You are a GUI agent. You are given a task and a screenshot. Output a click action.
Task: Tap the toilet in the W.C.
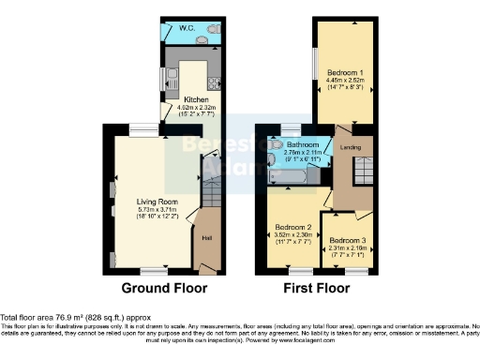[213, 31]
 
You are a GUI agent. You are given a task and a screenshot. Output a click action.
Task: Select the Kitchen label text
[196, 99]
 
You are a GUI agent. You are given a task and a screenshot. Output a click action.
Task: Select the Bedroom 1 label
[344, 72]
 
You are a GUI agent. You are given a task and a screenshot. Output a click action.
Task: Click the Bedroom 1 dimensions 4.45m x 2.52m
[344, 81]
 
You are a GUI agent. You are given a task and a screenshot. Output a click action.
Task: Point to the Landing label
[352, 146]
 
